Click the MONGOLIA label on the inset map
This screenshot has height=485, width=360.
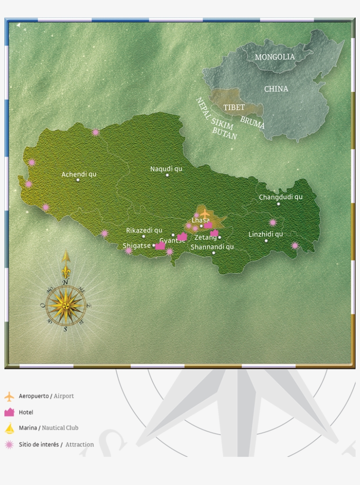(275, 57)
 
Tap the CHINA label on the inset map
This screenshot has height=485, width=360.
(276, 89)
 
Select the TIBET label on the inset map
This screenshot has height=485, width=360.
(234, 108)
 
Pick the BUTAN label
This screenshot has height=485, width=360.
(224, 133)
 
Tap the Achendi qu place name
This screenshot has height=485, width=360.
(79, 174)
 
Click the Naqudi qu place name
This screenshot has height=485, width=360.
(166, 169)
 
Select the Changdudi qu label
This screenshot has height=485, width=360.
(281, 197)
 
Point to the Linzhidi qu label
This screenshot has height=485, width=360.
(266, 235)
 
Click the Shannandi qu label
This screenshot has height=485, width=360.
(212, 247)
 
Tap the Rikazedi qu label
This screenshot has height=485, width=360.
(144, 230)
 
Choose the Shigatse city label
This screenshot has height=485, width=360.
(137, 246)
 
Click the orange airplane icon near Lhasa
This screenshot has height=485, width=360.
(205, 214)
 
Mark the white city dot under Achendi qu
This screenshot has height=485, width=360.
(78, 180)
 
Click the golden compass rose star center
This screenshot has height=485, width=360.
(66, 304)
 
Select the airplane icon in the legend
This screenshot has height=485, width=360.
(9, 396)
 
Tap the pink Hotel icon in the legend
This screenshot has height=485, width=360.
(9, 412)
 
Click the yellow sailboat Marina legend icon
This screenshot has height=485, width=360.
(9, 428)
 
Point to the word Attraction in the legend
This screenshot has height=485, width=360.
(79, 445)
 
